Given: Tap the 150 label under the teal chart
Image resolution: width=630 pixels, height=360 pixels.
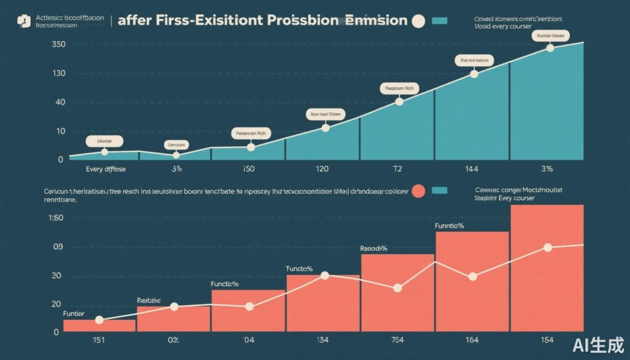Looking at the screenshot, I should pyautogui.click(x=249, y=169).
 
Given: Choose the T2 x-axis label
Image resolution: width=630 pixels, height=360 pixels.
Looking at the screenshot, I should pyautogui.click(x=397, y=169).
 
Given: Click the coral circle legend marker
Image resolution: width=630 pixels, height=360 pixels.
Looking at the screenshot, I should pyautogui.click(x=418, y=191).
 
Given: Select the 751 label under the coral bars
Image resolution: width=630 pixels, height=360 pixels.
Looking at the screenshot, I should pyautogui.click(x=99, y=340).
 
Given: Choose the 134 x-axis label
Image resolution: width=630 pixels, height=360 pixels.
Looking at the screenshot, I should pyautogui.click(x=323, y=340).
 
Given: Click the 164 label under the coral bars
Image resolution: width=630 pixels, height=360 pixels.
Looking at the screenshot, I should pyautogui.click(x=472, y=340).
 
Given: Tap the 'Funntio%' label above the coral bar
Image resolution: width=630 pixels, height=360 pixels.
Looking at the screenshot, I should pyautogui.click(x=449, y=226).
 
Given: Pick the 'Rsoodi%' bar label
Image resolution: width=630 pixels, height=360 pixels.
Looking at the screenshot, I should pyautogui.click(x=373, y=249).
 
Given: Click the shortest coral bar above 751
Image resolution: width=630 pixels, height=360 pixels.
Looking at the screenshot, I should pyautogui.click(x=99, y=326).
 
